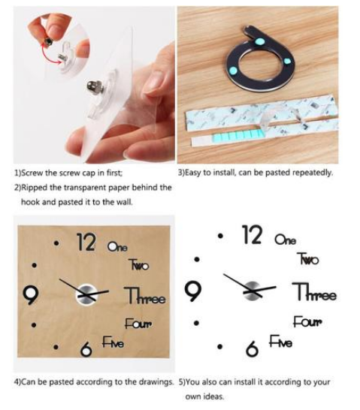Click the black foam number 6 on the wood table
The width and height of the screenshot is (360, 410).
click(260, 59)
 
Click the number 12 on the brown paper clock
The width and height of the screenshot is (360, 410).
click(86, 243)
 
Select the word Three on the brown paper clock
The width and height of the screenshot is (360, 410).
click(145, 295)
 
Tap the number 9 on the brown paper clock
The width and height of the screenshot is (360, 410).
click(31, 295)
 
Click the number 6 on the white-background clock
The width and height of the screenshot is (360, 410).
click(252, 349)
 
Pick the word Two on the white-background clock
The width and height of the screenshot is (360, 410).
click(308, 258)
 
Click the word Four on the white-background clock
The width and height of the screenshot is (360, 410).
click(307, 321)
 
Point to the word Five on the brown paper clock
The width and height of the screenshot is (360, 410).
click(113, 342)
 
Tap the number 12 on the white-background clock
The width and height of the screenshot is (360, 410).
click(252, 235)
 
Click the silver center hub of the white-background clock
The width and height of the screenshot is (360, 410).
click(252, 291)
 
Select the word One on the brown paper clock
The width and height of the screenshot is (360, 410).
click(117, 246)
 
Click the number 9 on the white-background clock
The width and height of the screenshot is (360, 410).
click(193, 291)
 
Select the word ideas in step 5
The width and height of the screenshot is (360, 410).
click(213, 396)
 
